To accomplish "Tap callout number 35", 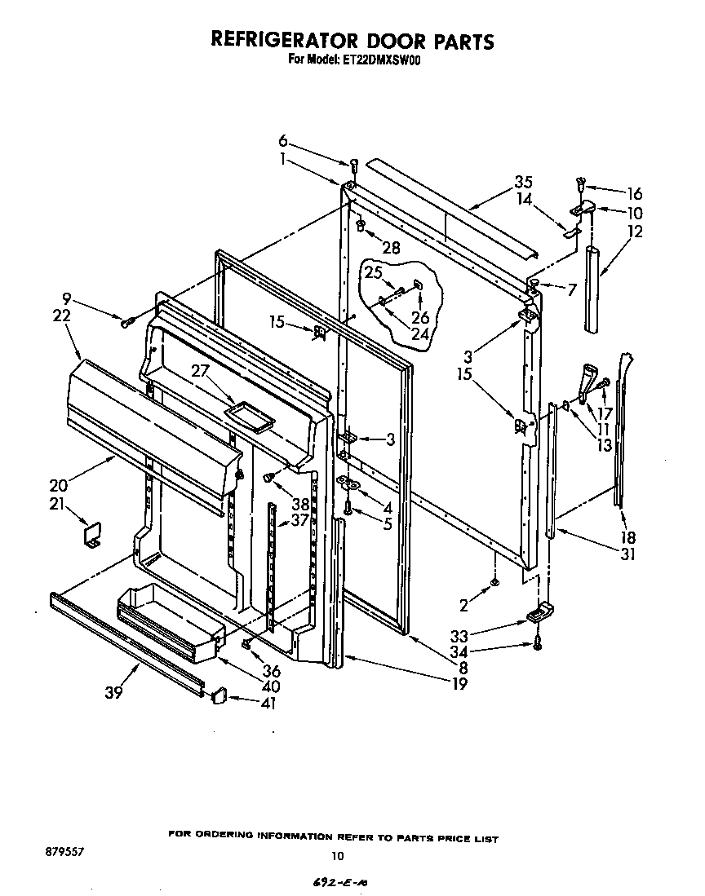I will [524, 182].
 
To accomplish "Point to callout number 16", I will [633, 194].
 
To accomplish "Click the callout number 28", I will [392, 248].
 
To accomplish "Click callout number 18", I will [628, 537].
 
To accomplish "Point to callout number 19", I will [459, 683].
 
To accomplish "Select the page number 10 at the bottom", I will [337, 855].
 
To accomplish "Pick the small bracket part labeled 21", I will [91, 536].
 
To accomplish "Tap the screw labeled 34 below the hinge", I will [537, 642].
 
